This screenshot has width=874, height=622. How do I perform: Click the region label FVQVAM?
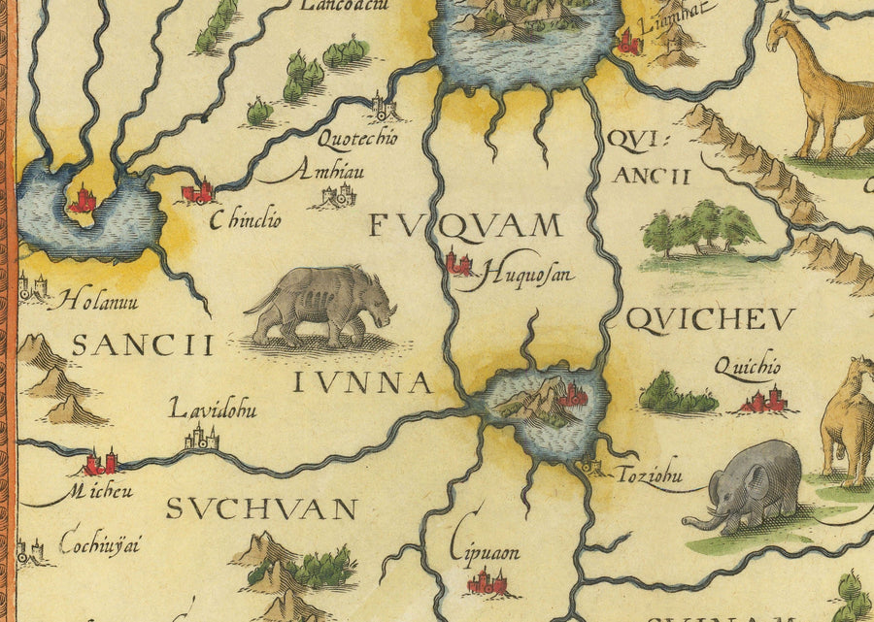466,227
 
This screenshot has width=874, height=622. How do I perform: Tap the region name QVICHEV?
697,319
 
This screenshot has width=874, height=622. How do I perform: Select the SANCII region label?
142,344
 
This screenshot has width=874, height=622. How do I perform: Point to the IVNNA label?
362,383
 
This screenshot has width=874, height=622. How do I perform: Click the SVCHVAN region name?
261,508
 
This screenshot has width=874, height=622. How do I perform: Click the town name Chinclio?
246,220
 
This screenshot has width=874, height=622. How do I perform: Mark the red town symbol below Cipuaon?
487,582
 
